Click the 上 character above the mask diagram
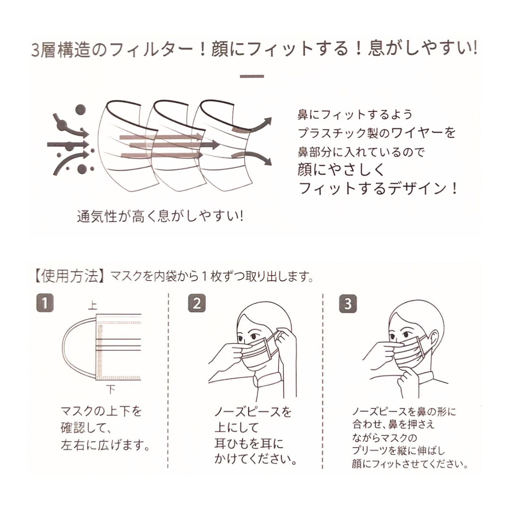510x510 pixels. tap(93, 306)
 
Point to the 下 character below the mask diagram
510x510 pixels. tap(110, 390)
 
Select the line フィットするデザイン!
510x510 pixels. tap(378, 189)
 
